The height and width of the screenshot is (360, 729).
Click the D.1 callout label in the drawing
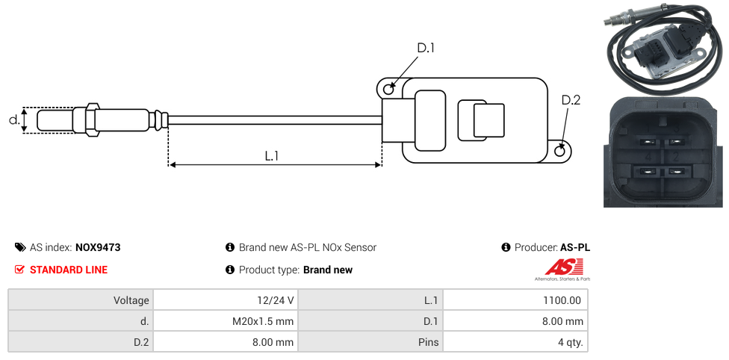(426, 48)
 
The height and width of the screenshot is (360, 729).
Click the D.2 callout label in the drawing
(571, 100)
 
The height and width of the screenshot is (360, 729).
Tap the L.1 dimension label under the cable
(272, 155)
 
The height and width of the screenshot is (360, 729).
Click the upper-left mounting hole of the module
(388, 90)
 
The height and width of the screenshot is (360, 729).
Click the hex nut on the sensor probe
(93, 120)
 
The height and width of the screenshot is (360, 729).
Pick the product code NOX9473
(98, 247)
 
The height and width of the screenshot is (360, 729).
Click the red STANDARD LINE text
(69, 270)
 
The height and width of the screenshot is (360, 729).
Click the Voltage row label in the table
(80, 300)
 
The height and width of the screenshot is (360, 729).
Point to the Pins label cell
(370, 343)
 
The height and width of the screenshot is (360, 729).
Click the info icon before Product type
(230, 270)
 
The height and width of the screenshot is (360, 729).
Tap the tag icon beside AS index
(20, 247)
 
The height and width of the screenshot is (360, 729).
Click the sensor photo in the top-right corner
(663, 46)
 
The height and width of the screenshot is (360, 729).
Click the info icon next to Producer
(506, 247)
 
